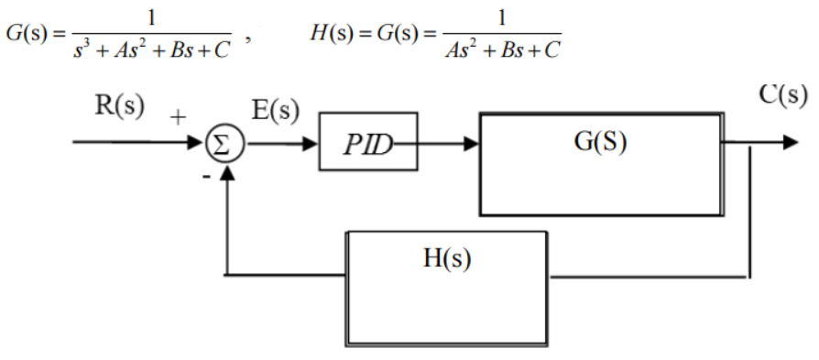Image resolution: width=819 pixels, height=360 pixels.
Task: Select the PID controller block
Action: (x=367, y=141)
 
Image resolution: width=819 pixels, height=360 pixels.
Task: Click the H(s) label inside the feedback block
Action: (x=446, y=258)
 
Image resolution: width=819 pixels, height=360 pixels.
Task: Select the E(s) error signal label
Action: (x=275, y=111)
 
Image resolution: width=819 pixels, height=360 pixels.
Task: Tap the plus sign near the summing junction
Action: (x=178, y=116)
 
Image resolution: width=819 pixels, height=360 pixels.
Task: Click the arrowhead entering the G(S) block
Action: (x=471, y=144)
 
